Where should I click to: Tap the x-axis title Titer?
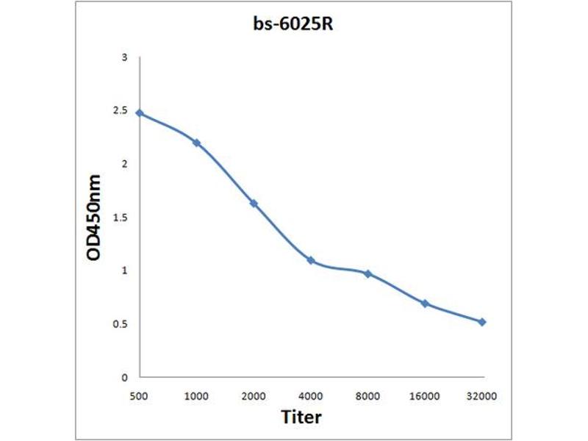(x=302, y=417)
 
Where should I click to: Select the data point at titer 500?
(x=140, y=113)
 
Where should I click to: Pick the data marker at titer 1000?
(x=196, y=143)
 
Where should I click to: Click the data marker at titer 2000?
(x=254, y=204)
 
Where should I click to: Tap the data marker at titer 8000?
(x=367, y=274)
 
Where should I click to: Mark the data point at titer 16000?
(x=425, y=304)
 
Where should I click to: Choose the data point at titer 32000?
(x=482, y=322)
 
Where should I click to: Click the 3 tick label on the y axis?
(x=125, y=57)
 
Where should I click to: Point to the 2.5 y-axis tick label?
(x=121, y=111)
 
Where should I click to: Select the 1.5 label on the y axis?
(x=121, y=218)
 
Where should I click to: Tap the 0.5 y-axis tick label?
(x=121, y=324)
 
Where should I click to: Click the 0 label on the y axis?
(x=125, y=377)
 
